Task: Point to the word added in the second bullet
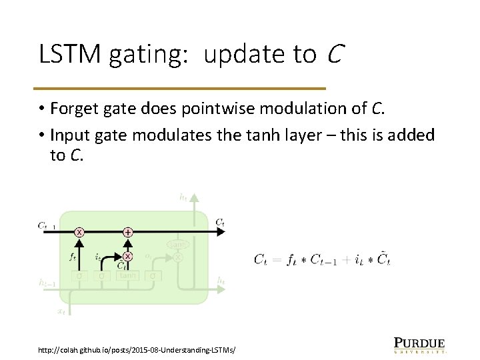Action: [413, 135]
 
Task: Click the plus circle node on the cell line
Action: [127, 232]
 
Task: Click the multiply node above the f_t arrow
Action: [79, 232]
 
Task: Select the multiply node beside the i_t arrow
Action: [127, 256]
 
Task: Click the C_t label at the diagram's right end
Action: [220, 222]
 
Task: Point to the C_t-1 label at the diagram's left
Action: [47, 225]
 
